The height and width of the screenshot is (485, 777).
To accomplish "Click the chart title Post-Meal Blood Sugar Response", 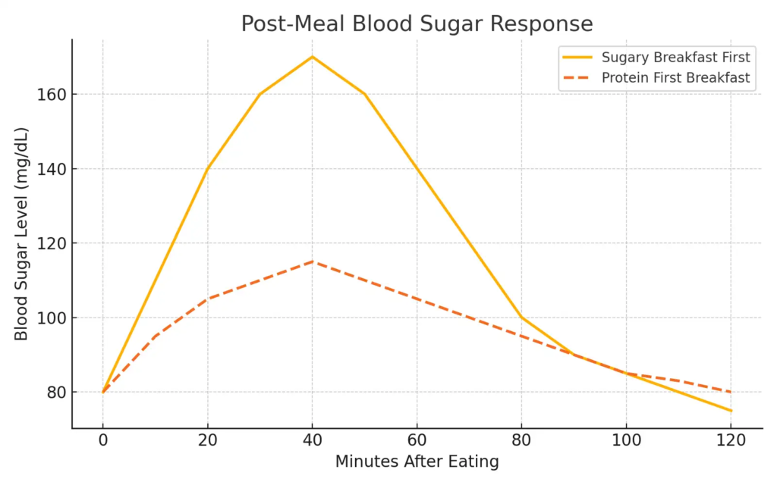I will [x=417, y=23].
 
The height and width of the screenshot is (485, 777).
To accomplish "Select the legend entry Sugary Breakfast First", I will [x=675, y=57].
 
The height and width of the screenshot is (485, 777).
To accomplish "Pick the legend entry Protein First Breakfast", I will [x=675, y=78].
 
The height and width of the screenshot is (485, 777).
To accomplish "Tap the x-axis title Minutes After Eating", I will [x=417, y=462].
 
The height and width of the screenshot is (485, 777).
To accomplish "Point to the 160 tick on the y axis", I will [x=51, y=95].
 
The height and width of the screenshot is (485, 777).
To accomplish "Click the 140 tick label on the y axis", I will [x=51, y=169].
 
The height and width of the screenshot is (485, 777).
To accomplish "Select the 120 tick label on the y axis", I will [x=51, y=243].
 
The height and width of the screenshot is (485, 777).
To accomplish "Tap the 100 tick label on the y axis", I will [x=51, y=318].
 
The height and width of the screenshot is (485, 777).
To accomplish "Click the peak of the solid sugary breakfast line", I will [x=312, y=57].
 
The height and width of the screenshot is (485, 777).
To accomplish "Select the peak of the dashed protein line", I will [x=312, y=261].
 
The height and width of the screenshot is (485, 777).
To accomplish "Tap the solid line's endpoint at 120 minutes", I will [x=730, y=411].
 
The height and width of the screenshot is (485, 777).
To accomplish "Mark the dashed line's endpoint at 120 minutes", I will [x=730, y=392].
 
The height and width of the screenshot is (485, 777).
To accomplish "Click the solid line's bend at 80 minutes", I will [x=521, y=318].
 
